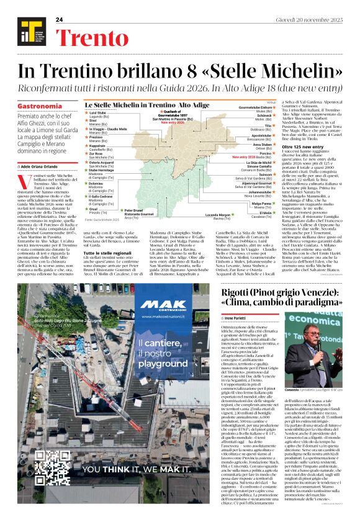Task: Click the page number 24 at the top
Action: (x=60, y=20)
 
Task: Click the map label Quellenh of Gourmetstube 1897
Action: (x=173, y=114)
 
